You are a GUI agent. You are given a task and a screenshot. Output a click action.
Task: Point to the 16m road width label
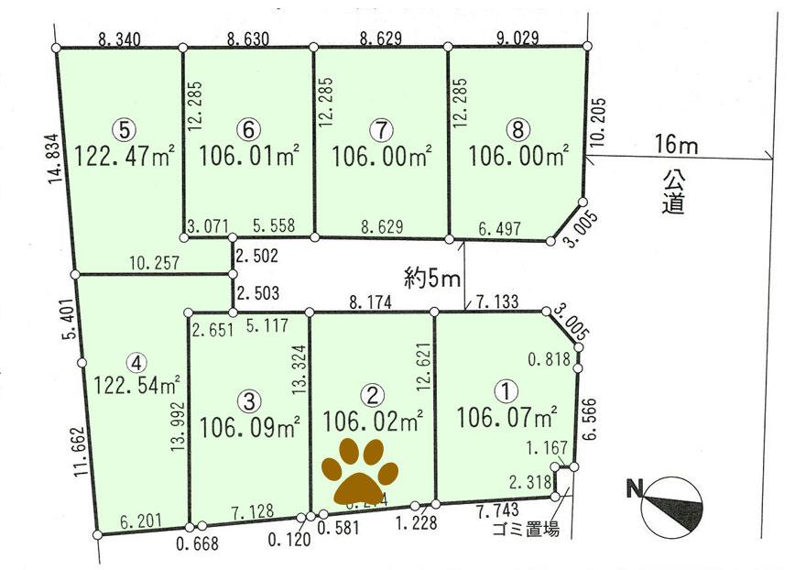point(676,143)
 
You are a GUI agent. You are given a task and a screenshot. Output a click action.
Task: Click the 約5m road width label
point(430,277)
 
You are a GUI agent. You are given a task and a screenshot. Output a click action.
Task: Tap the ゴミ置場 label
point(525,530)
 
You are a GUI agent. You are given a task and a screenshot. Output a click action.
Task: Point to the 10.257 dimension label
point(154,262)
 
